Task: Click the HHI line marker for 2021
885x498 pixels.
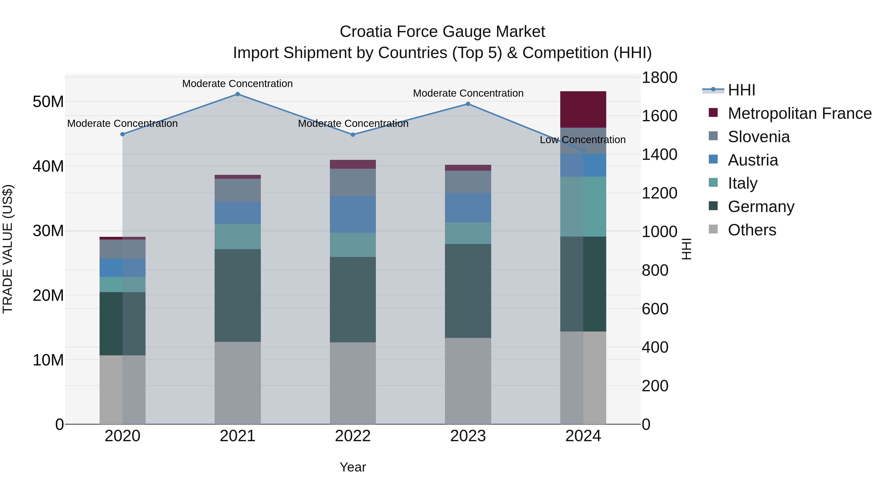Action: pyautogui.click(x=237, y=94)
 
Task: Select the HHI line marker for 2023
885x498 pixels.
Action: pyautogui.click(x=468, y=104)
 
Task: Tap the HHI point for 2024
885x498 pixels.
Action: pyautogui.click(x=583, y=151)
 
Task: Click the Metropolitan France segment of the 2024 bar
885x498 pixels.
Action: pyautogui.click(x=583, y=109)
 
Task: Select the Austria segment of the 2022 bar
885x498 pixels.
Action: pyautogui.click(x=353, y=214)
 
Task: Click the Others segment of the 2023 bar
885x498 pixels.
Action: pyautogui.click(x=468, y=381)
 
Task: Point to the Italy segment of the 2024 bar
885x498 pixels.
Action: pyautogui.click(x=583, y=206)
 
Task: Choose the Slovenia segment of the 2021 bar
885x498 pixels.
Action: pyautogui.click(x=237, y=190)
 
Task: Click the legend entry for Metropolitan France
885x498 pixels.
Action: pyautogui.click(x=799, y=113)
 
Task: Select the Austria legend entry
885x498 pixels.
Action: pyautogui.click(x=753, y=160)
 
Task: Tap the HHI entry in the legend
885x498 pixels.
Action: pyautogui.click(x=741, y=90)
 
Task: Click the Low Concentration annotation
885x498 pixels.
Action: pyautogui.click(x=583, y=140)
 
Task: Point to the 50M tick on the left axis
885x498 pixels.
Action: pyautogui.click(x=48, y=102)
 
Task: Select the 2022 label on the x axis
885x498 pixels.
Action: pyautogui.click(x=353, y=436)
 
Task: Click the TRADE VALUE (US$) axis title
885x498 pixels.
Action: pyautogui.click(x=8, y=249)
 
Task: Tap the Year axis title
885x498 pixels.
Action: pyautogui.click(x=353, y=467)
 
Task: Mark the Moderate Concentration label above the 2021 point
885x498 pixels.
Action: pyautogui.click(x=237, y=84)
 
